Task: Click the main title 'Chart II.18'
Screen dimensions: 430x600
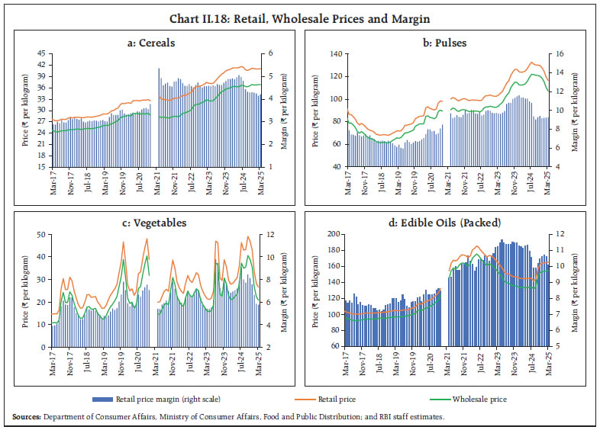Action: (299, 9)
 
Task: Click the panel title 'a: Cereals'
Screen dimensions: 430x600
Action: (152, 43)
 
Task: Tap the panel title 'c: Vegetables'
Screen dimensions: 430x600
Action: (152, 223)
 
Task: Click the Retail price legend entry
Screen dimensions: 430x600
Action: (336, 399)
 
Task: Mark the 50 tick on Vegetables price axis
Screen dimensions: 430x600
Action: (41, 235)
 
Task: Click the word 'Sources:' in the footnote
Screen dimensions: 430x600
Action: (26, 416)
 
